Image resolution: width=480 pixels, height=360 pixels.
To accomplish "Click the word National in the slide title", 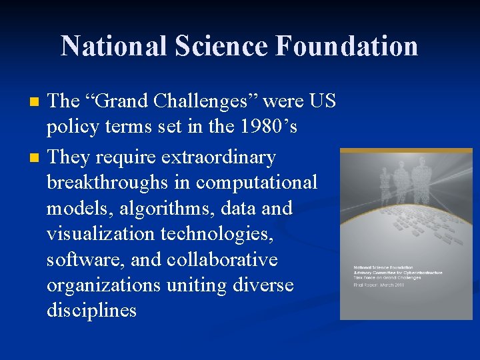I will [x=113, y=46].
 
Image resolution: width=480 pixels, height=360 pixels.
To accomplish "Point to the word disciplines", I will [x=91, y=309].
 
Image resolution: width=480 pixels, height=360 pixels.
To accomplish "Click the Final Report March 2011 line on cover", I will [x=380, y=285].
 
